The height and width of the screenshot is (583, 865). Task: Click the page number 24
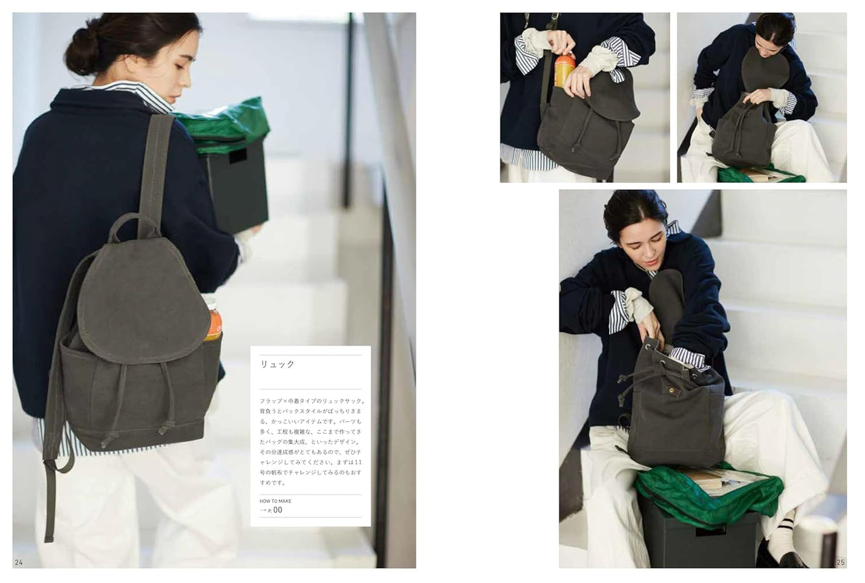18,562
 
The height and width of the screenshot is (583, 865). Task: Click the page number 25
841,562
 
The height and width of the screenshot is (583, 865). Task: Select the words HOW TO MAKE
276,501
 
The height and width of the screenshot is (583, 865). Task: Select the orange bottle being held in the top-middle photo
564,69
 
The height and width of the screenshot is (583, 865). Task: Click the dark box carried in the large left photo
237,184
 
